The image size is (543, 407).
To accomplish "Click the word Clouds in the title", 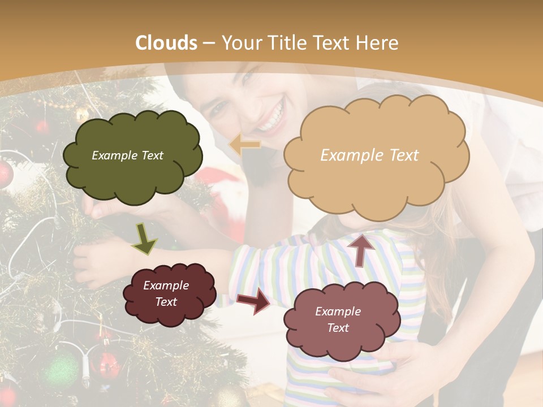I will click(166, 43).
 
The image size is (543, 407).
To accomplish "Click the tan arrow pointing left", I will click(244, 145).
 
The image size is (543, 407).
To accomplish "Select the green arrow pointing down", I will click(145, 239).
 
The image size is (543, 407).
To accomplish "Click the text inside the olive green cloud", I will click(127, 155).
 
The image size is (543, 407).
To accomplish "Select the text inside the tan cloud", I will click(369, 155).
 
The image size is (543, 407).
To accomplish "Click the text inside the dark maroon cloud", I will click(166, 294).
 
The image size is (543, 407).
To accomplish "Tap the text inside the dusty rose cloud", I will click(338, 319).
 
